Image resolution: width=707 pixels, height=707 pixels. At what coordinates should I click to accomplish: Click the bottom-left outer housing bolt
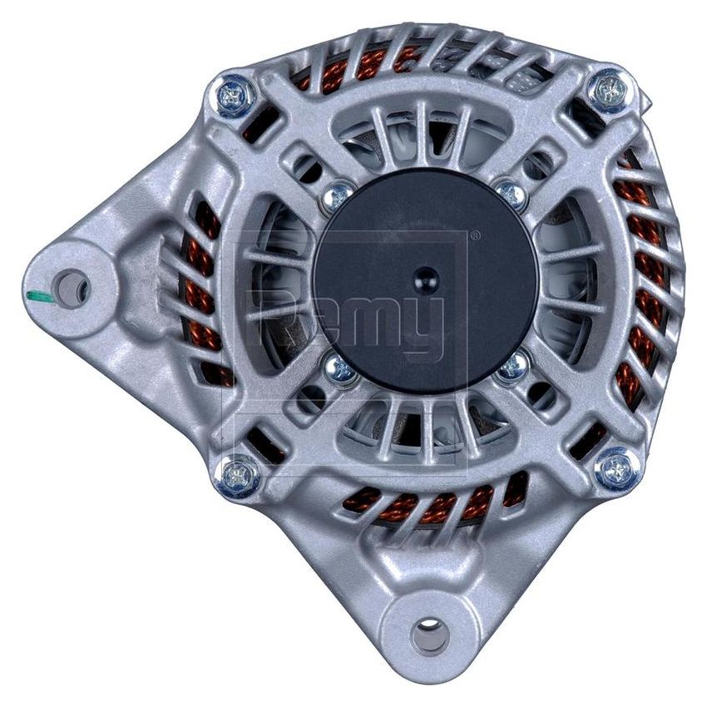point(237,477)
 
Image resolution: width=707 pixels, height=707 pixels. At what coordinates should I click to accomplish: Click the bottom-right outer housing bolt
point(618,469)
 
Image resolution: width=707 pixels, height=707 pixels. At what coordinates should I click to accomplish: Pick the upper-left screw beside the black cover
point(337,196)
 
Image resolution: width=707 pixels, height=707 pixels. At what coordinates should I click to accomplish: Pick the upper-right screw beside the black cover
point(512,195)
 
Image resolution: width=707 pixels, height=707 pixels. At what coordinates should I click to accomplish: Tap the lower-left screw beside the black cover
point(341,370)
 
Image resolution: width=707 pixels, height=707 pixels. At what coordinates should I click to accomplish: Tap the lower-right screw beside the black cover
point(514,367)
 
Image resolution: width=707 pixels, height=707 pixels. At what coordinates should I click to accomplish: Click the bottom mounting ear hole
point(429,636)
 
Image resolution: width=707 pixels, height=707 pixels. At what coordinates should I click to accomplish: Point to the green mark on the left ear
point(40,296)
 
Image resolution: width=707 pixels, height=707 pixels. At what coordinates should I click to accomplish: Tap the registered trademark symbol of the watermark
point(475,236)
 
